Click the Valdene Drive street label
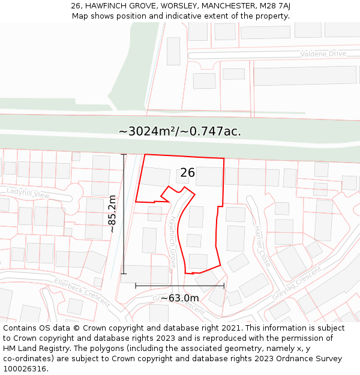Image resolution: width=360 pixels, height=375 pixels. click(324, 54)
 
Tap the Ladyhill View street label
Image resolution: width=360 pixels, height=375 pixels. click(28, 193)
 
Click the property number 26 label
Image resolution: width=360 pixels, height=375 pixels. click(187, 173)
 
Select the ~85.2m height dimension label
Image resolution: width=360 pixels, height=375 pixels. click(112, 214)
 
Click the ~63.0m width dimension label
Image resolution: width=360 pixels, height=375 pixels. click(179, 298)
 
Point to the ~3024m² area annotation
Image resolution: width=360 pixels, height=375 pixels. click(180, 131)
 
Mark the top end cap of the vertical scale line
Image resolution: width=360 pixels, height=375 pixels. click(124, 155)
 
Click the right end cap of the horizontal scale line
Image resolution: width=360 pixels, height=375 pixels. click(224, 286)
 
